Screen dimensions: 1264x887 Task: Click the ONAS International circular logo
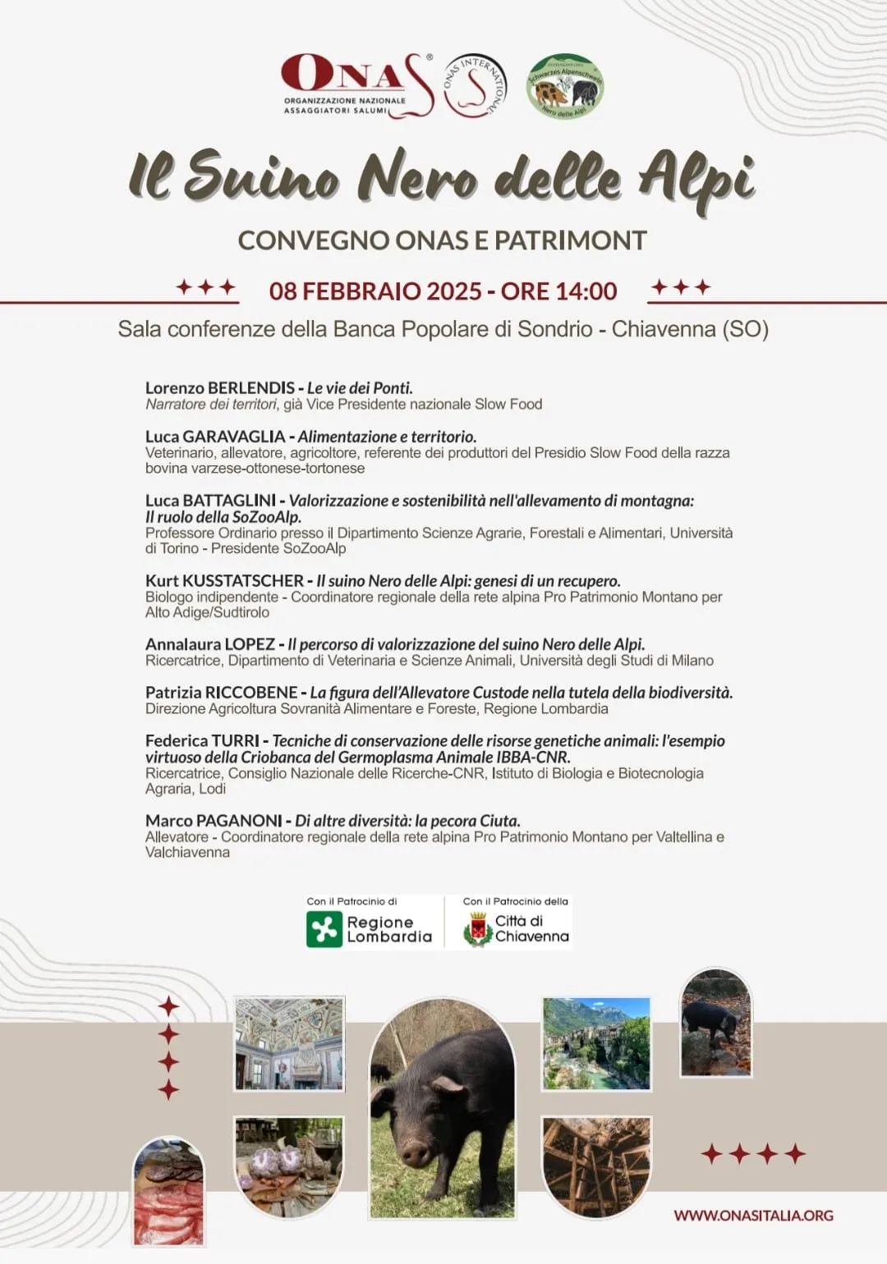coord(476,86)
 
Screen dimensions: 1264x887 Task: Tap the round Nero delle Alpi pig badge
coord(566,86)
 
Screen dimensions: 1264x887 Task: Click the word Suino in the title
coord(261,176)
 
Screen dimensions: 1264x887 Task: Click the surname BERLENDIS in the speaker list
coord(251,387)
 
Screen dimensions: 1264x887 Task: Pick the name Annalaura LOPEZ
coord(210,644)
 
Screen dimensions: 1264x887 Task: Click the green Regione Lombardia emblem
coord(324,930)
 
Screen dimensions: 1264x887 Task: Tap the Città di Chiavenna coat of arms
coord(476,930)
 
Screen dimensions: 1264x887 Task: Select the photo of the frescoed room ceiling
coord(289,1042)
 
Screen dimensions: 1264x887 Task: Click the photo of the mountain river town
coord(596,1043)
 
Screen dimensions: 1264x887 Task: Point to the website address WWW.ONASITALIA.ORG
coord(753,1216)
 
